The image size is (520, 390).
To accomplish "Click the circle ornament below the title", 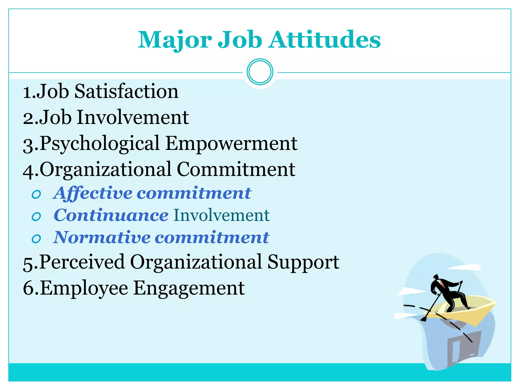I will click(x=260, y=72).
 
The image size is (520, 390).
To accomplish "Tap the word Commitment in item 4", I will click(x=236, y=170).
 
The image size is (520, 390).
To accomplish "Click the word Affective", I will click(x=92, y=193).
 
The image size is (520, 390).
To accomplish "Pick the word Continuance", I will click(x=111, y=216).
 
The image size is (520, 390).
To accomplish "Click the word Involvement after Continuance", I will click(x=221, y=216).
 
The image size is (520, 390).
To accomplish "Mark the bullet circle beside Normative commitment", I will click(x=36, y=239).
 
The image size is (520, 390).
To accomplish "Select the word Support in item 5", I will click(x=303, y=262).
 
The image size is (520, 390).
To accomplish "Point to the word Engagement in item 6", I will click(x=189, y=288).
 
